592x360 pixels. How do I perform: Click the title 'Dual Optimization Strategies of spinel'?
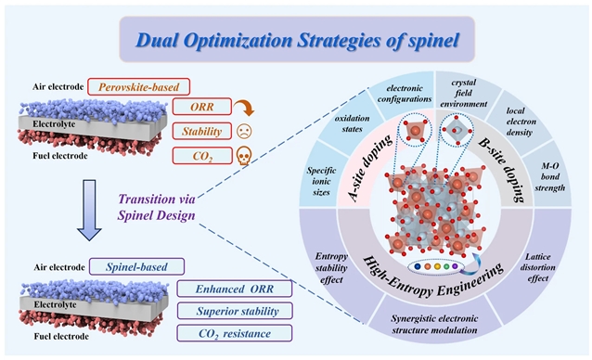click(297, 40)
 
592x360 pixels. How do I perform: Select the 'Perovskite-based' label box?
click(138, 87)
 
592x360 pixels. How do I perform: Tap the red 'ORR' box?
click(202, 107)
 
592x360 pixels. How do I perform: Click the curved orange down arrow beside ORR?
click(244, 108)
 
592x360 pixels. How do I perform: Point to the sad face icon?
click(244, 131)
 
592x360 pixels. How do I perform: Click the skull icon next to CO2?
click(244, 156)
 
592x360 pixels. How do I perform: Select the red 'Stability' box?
click(202, 131)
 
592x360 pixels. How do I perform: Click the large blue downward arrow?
click(89, 210)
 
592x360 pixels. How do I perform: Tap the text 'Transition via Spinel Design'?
click(156, 207)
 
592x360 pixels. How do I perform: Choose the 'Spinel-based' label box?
click(136, 267)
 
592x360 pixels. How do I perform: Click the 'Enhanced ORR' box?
click(235, 289)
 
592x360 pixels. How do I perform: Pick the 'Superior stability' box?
click(235, 311)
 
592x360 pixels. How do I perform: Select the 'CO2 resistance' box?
click(235, 333)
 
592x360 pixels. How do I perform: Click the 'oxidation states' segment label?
click(353, 123)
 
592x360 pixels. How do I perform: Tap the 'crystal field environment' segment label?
click(464, 93)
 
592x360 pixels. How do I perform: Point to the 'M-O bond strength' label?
click(549, 176)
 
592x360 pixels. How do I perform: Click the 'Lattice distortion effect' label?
click(537, 267)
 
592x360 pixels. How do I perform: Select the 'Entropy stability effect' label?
click(331, 268)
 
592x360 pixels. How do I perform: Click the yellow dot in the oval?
click(437, 266)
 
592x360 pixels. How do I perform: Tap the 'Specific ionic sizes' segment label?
click(321, 181)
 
